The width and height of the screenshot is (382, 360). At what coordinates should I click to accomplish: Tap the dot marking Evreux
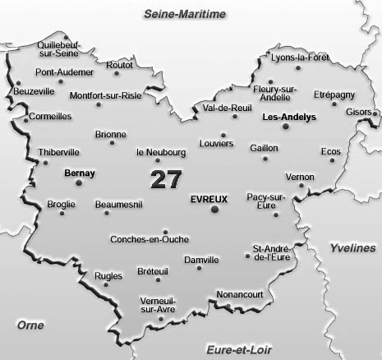click(215, 210)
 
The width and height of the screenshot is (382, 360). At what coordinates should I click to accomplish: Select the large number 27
click(168, 178)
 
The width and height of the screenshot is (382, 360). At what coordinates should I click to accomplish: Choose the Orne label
click(30, 325)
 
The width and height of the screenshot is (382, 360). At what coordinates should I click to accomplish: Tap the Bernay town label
click(79, 173)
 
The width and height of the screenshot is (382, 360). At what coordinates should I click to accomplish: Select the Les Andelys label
click(288, 118)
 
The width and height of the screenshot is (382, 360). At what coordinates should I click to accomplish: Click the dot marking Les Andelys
click(286, 127)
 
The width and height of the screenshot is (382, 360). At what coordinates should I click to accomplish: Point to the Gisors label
click(359, 111)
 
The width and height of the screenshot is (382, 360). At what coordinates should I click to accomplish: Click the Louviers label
click(216, 142)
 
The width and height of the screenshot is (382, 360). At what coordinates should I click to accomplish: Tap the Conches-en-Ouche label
click(149, 240)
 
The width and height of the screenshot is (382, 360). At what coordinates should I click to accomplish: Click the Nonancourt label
click(239, 293)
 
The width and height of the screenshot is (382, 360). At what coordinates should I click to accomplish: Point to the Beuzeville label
click(34, 92)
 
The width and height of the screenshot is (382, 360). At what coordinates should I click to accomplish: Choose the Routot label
click(119, 65)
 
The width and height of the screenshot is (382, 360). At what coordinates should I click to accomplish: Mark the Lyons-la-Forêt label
click(299, 58)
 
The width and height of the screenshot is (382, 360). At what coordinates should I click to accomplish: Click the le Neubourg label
click(161, 152)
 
